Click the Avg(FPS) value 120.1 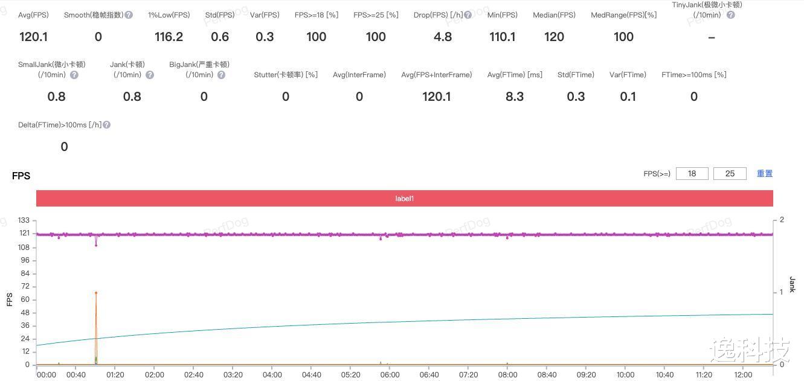tap(33, 37)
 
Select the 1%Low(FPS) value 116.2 tap(169, 37)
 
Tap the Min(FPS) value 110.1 tap(502, 37)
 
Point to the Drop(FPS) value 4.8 tap(443, 37)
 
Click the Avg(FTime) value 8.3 tap(515, 97)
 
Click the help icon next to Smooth tap(129, 14)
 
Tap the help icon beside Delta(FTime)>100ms tap(106, 125)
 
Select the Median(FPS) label tap(554, 14)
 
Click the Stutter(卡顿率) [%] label tap(286, 75)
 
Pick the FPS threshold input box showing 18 tap(692, 173)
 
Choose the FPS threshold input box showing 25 tap(730, 173)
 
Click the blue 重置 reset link tap(765, 173)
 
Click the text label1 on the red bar tap(404, 198)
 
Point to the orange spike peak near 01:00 tap(96, 293)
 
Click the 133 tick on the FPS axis tap(24, 220)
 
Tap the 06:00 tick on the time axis tap(390, 374)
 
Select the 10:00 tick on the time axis tap(625, 374)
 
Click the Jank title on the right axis tap(793, 284)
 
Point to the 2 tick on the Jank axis tap(782, 220)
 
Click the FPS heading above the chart tap(21, 176)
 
